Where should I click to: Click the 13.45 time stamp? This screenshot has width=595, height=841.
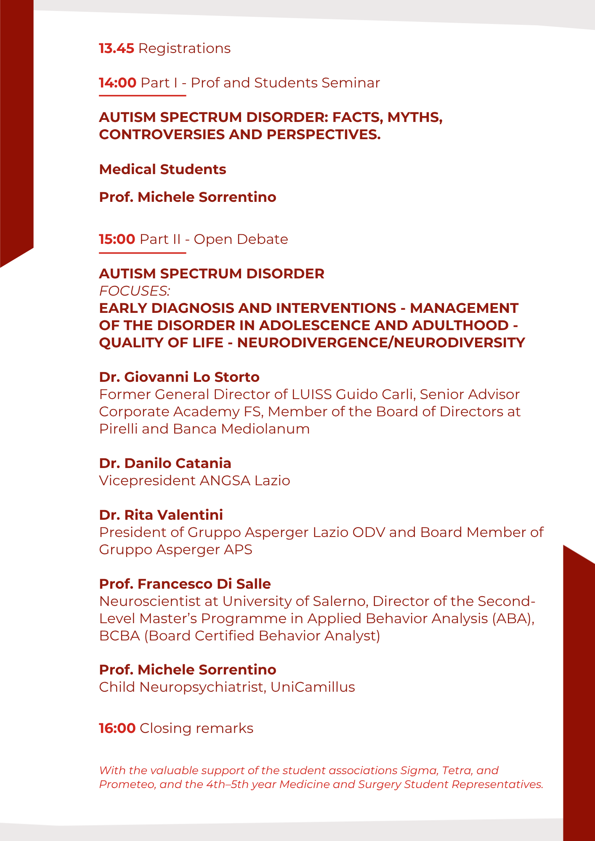click(x=117, y=49)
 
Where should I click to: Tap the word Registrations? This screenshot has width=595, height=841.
click(x=184, y=49)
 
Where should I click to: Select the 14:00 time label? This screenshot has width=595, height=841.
click(x=118, y=83)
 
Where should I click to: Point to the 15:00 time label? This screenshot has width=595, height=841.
click(x=117, y=239)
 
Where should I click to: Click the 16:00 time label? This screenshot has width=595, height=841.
click(x=117, y=728)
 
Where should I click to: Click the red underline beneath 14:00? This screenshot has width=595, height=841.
click(x=142, y=96)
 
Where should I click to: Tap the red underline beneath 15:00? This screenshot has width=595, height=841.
click(x=142, y=253)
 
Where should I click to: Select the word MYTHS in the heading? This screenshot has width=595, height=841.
click(x=414, y=117)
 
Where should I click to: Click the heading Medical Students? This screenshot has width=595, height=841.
click(x=162, y=169)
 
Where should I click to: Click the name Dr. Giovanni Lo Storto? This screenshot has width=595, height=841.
click(x=179, y=377)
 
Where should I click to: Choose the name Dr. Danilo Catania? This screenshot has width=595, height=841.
click(x=165, y=463)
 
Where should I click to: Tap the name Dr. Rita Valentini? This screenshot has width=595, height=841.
click(x=161, y=515)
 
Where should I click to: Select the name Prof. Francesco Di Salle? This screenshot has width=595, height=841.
click(x=185, y=584)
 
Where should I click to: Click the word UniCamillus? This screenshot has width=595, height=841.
click(x=313, y=687)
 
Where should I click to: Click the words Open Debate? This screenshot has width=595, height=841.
click(x=241, y=239)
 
